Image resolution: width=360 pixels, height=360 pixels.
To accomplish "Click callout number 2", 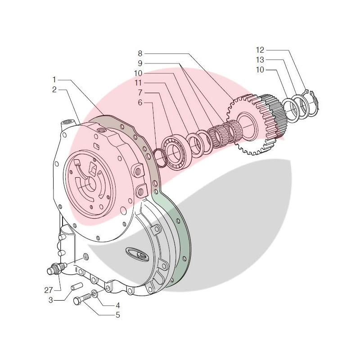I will pyautogui.click(x=54, y=90).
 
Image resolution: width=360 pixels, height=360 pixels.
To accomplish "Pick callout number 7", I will pyautogui.click(x=140, y=92).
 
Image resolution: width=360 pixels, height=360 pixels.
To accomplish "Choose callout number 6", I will pyautogui.click(x=140, y=103).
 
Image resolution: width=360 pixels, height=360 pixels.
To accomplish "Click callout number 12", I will pyautogui.click(x=261, y=50).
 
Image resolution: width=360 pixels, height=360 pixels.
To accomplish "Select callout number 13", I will pyautogui.click(x=261, y=60).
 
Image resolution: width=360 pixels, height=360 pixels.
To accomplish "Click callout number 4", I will pyautogui.click(x=118, y=305).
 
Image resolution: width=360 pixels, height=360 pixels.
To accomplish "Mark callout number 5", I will pyautogui.click(x=118, y=315).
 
